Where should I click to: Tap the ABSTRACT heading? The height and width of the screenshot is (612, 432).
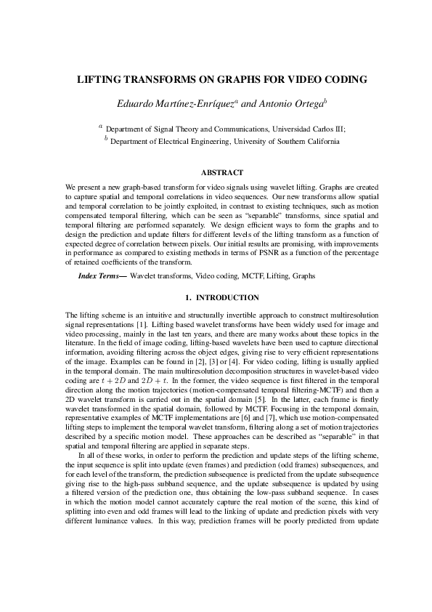(216, 172)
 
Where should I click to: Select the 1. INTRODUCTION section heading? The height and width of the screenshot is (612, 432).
(216, 298)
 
